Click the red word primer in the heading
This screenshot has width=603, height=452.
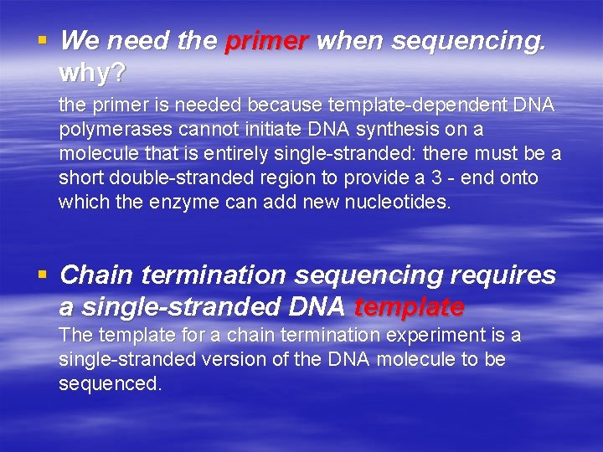pyautogui.click(x=267, y=41)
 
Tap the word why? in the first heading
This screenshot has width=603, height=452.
pyautogui.click(x=92, y=74)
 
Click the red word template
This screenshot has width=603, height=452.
pyautogui.click(x=410, y=308)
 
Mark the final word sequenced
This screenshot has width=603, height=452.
pyautogui.click(x=110, y=384)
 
